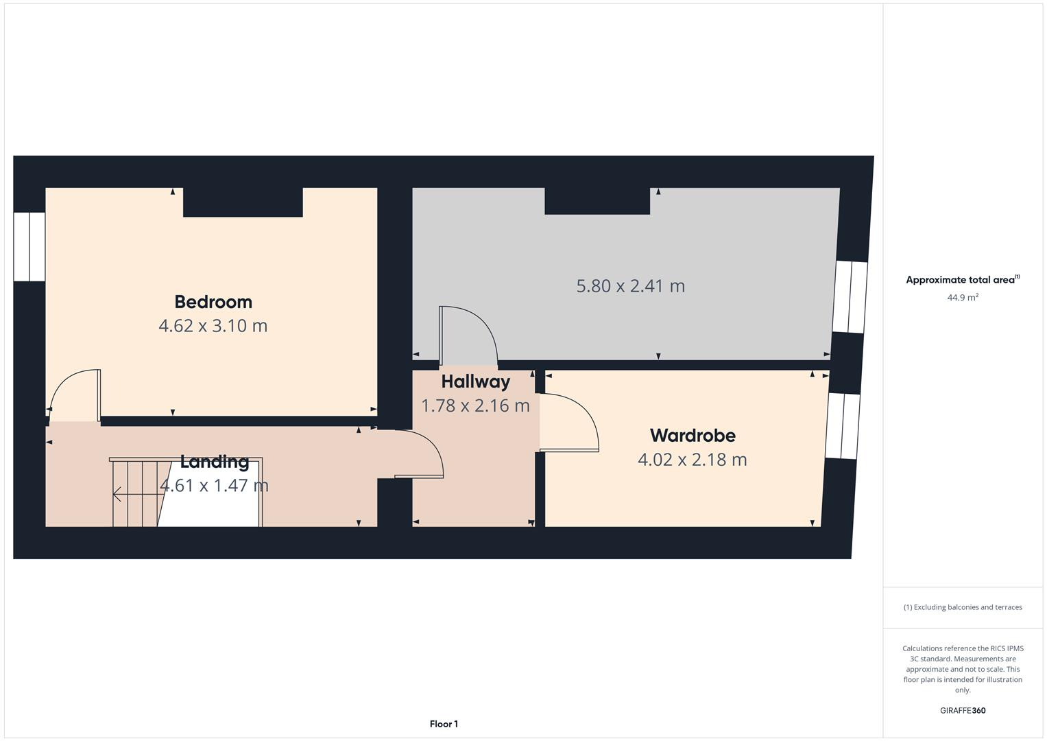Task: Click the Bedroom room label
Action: (213, 302)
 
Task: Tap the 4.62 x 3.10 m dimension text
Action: (213, 326)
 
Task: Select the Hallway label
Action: (475, 381)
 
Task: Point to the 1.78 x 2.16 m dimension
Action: (475, 405)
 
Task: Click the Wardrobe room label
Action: (693, 435)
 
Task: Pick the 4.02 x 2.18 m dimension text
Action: (692, 460)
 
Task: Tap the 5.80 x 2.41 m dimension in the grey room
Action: (630, 286)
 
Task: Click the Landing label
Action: (214, 462)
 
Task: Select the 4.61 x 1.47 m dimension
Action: (214, 486)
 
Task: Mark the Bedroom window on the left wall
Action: (29, 247)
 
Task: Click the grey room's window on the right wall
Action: (850, 297)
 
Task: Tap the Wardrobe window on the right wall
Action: (842, 426)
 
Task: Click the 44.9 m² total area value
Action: (962, 298)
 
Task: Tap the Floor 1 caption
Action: (444, 724)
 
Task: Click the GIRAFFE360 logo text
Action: (962, 711)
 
